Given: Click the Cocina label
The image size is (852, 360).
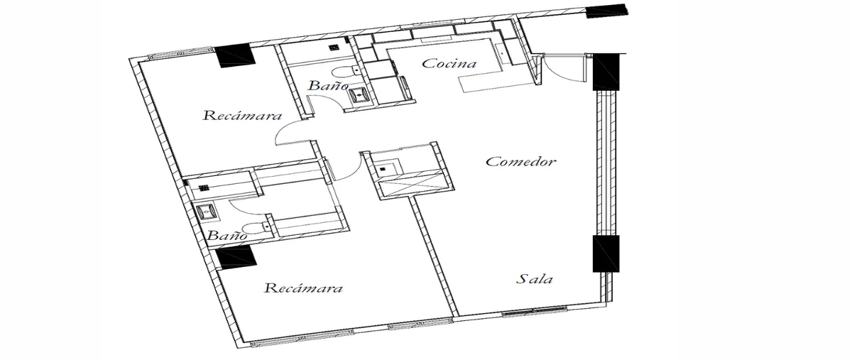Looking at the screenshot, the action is click(449, 63).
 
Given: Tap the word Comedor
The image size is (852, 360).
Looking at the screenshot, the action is click(520, 162).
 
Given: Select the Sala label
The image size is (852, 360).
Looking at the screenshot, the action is click(535, 279).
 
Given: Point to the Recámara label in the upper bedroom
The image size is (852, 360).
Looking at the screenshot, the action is click(242, 115).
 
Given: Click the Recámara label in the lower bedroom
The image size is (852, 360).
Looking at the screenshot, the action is click(303, 288).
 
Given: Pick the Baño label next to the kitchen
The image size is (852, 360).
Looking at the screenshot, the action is click(328, 86).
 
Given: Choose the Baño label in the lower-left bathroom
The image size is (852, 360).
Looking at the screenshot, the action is click(227, 235).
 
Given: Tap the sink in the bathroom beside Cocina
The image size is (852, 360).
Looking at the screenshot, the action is click(359, 94).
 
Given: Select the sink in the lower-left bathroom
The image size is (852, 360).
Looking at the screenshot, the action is click(207, 212).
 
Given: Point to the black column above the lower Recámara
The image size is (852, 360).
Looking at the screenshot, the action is click(236, 257).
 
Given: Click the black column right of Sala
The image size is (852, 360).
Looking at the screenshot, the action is click(606, 253).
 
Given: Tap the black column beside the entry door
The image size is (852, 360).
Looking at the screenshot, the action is click(606, 72).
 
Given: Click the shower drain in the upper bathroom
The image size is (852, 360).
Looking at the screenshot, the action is click(334, 48).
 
